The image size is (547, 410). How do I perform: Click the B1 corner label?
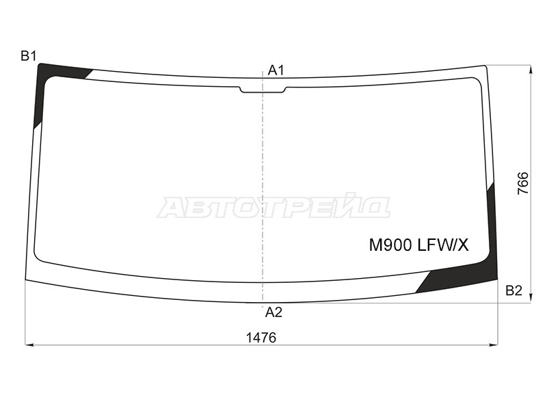(28, 56)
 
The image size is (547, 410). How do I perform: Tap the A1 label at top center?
(276, 70)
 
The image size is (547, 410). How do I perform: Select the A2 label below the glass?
(273, 312)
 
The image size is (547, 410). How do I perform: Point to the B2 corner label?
(513, 291)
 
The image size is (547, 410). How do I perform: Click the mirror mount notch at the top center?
(263, 90)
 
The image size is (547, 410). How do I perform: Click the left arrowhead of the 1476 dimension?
(29, 345)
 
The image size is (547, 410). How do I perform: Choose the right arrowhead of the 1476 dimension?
(497, 345)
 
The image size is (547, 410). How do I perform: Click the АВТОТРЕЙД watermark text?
(273, 207)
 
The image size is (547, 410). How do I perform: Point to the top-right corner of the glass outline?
(486, 66)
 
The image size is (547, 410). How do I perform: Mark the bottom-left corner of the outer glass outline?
(25, 280)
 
